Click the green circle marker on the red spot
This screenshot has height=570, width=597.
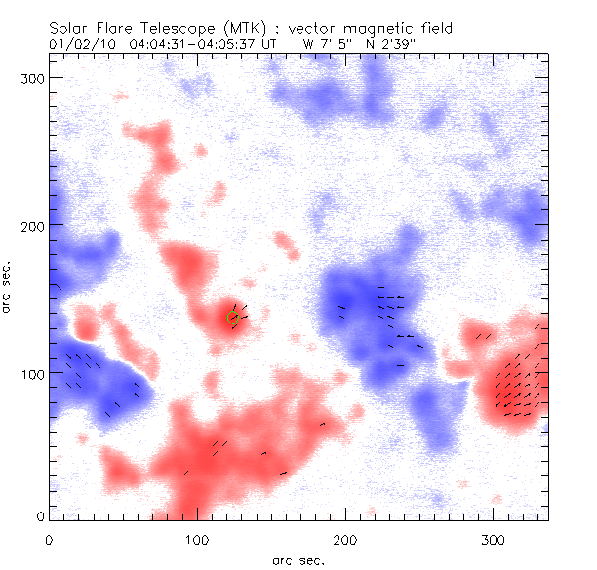tap(233, 317)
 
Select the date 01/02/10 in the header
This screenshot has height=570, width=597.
tap(80, 44)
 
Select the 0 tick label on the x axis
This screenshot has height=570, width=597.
tap(49, 539)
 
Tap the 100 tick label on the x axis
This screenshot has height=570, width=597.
tap(197, 539)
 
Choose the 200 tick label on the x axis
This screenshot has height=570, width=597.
tap(344, 539)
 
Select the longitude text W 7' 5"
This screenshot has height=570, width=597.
tap(331, 44)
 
